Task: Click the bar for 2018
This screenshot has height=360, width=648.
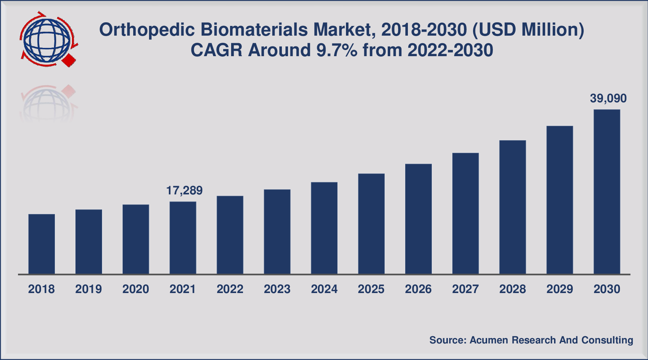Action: click(x=42, y=244)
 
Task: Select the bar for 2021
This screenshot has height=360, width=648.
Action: click(x=183, y=238)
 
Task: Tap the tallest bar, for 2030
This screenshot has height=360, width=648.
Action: click(x=607, y=192)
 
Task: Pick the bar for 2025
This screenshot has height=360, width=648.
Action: click(x=371, y=224)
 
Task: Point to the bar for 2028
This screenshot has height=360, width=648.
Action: click(x=513, y=207)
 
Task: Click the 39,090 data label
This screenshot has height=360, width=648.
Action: click(x=608, y=99)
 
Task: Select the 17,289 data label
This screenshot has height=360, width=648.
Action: click(x=184, y=190)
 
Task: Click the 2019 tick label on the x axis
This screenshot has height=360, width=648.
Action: click(x=89, y=289)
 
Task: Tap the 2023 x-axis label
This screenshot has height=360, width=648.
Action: click(x=277, y=289)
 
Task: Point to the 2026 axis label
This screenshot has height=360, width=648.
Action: click(x=418, y=289)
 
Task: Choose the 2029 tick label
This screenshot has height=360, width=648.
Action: click(x=559, y=289)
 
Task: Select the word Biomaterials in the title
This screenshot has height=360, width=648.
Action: click(x=254, y=30)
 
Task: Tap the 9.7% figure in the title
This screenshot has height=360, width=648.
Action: click(x=337, y=50)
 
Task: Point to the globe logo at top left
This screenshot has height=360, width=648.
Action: click(x=47, y=40)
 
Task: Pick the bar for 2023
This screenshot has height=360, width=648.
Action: click(x=277, y=232)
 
